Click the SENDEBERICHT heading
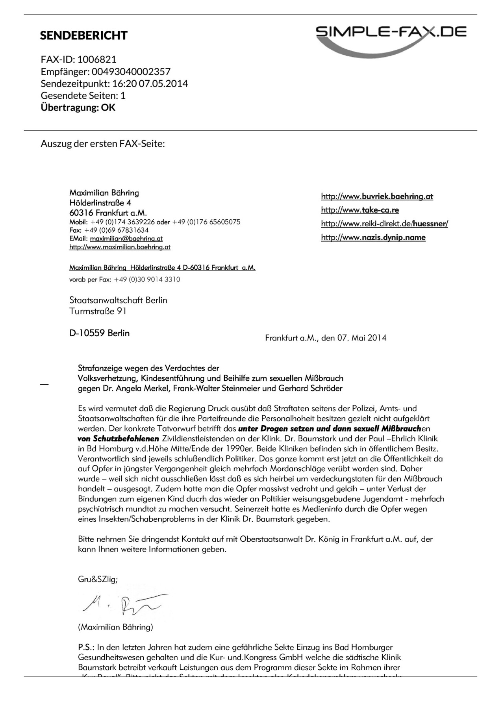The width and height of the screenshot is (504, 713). click(x=83, y=35)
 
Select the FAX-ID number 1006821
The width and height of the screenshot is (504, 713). click(x=97, y=59)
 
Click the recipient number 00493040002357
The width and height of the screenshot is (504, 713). click(x=131, y=72)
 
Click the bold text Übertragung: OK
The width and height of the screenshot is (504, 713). click(x=78, y=107)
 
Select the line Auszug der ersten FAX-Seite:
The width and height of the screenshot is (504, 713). click(x=103, y=143)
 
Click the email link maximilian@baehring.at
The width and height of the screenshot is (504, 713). click(x=126, y=239)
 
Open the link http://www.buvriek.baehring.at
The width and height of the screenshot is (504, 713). click(x=377, y=196)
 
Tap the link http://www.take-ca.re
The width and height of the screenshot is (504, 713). click(x=360, y=210)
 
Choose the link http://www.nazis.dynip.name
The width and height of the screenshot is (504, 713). click(x=373, y=237)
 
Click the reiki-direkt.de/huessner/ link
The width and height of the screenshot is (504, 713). click(x=384, y=224)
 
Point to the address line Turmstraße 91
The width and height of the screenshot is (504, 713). click(x=98, y=311)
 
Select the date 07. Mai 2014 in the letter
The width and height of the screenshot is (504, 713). click(x=361, y=338)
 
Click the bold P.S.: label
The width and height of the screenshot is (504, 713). click(x=86, y=647)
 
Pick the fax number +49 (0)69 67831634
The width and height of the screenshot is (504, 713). click(x=117, y=230)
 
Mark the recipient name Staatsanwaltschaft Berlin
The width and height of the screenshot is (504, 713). click(x=118, y=300)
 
